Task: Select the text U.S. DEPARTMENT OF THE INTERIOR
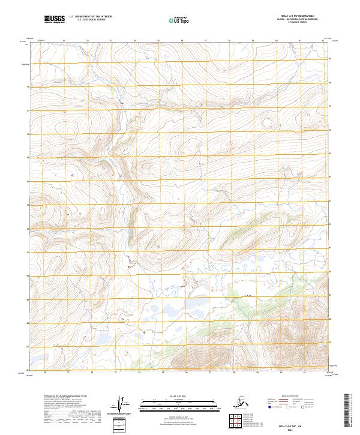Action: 89,17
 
